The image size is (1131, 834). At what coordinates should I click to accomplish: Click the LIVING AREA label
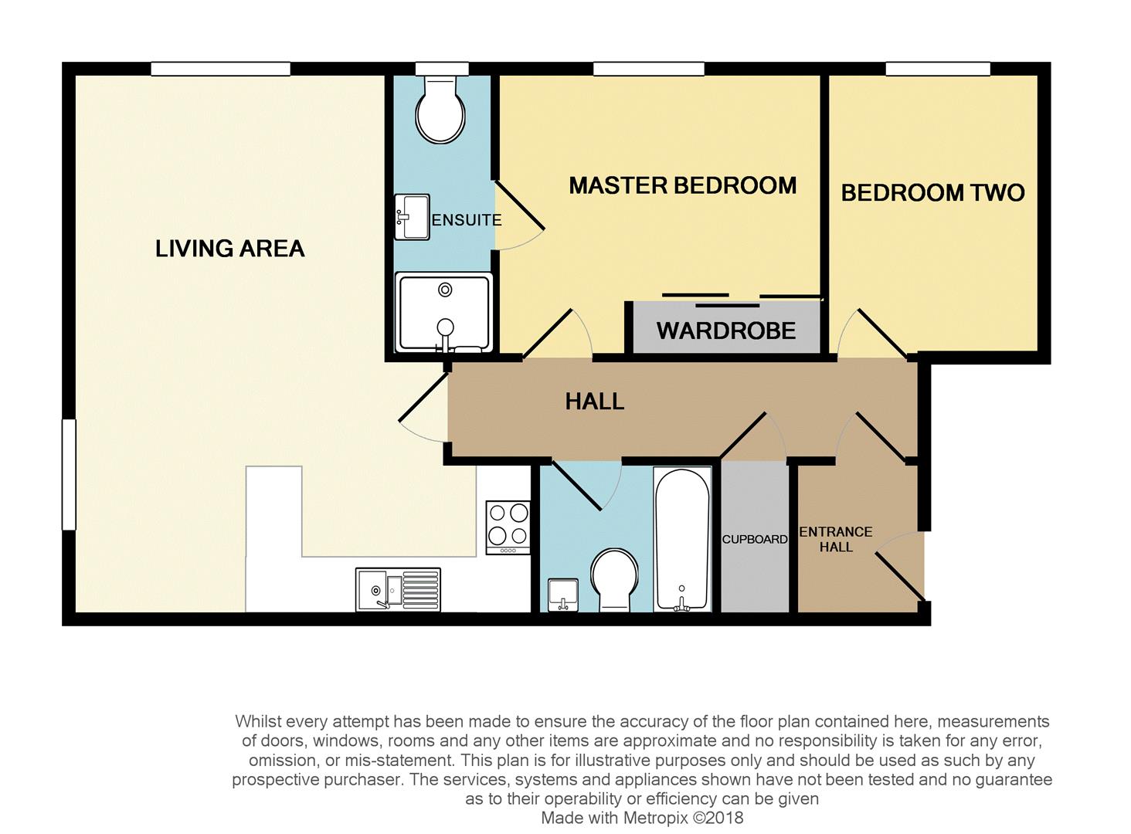229,249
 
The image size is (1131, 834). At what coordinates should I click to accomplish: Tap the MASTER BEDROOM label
683,185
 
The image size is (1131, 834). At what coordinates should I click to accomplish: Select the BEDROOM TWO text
932,193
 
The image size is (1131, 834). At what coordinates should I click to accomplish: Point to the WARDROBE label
726,331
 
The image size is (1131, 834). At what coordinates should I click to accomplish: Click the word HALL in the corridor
595,402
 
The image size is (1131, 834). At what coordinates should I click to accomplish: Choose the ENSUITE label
467,220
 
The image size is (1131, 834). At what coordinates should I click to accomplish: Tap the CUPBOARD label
754,539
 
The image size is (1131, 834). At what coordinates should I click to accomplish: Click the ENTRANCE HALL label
836,539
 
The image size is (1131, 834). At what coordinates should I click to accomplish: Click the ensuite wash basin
412,216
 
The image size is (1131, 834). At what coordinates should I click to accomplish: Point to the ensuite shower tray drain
445,290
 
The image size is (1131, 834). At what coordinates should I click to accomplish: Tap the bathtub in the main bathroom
681,539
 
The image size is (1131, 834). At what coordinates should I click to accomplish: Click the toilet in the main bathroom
614,580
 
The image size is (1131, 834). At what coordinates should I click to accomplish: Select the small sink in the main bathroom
563,595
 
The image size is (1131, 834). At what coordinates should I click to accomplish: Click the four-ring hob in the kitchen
508,527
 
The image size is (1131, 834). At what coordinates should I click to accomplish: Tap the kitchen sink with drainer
398,590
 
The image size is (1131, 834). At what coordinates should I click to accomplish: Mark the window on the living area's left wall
69,475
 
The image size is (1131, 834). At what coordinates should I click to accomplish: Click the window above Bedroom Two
938,69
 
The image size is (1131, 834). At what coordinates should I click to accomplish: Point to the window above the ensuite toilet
442,69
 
